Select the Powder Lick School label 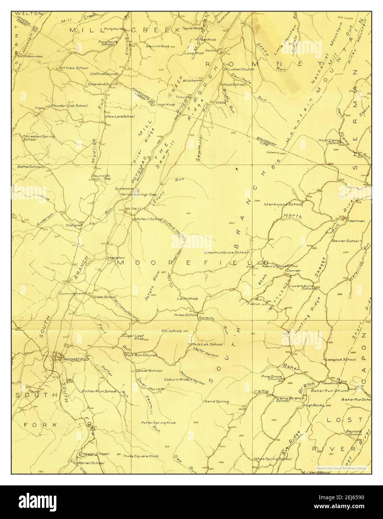tap(69, 106)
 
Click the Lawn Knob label tap(187, 299)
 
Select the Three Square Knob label tap(141, 456)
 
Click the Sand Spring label tap(217, 401)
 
